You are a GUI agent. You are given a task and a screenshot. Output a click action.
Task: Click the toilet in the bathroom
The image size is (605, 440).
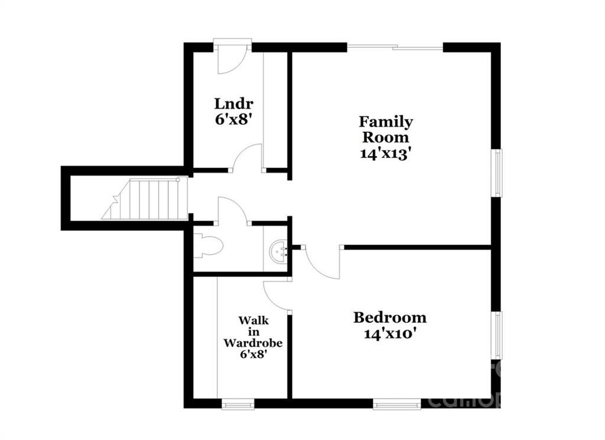point(208,245)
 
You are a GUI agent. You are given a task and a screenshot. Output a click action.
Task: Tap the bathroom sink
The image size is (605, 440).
point(278,252)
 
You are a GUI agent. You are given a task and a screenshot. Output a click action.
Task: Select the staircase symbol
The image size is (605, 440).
point(148,199)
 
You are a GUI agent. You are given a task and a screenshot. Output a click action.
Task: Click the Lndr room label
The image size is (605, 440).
point(229,104)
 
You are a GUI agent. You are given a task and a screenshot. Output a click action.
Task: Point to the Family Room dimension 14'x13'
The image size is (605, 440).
point(386,153)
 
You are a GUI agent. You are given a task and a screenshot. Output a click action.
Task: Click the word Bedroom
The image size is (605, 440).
point(389,318)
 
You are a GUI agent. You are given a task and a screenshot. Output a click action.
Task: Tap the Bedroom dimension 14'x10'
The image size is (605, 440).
point(389,334)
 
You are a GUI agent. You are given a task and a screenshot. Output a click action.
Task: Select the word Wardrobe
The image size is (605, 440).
point(252,342)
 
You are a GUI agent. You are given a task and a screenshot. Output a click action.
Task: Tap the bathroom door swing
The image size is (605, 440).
point(232,211)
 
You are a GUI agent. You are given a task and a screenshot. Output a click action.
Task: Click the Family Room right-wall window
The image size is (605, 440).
point(498,173)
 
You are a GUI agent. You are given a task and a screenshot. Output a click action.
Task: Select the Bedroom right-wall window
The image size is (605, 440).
point(498,335)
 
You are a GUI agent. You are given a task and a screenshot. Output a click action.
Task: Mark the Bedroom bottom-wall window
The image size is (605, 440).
point(396,405)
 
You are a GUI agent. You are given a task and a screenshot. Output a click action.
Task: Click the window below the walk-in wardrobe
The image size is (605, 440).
point(238,405)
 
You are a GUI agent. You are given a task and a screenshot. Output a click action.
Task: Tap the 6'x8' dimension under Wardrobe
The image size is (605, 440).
point(252,354)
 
